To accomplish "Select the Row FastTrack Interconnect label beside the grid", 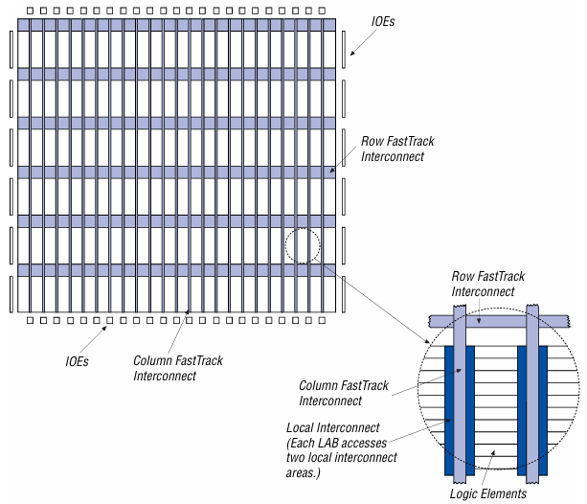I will [394, 149].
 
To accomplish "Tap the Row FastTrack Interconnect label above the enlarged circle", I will [485, 284].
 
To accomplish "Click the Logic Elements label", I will [488, 493].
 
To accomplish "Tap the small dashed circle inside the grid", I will [302, 245].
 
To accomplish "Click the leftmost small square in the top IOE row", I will [31, 11].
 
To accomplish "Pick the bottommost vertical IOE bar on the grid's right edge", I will [344, 286].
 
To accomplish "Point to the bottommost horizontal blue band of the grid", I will [177, 270].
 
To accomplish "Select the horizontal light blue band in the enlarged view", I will [498, 323].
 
